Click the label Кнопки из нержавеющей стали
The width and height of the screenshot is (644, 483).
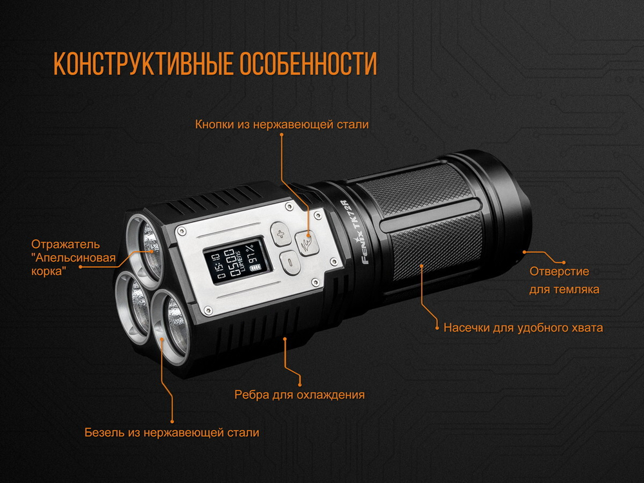[x=282, y=124]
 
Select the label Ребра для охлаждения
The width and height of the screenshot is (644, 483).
[x=299, y=395]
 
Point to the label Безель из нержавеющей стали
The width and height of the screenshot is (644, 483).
[x=172, y=432]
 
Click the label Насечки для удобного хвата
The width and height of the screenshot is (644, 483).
[x=523, y=327]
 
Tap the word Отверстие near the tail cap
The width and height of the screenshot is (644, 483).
[x=559, y=272]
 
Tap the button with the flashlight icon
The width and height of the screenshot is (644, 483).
[x=307, y=243]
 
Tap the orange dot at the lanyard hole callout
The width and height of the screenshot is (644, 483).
[x=526, y=252]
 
